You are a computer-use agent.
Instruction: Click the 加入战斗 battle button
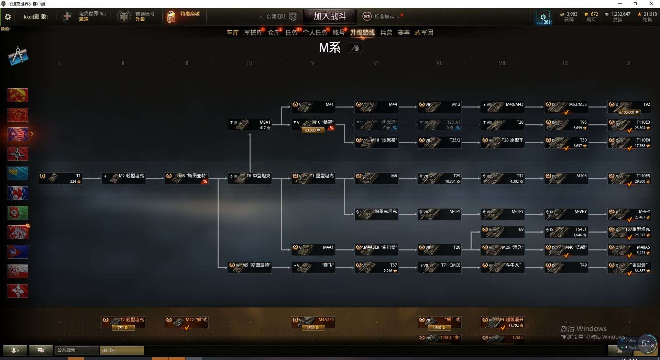click(x=329, y=16)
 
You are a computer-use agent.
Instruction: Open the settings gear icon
click(x=8, y=17)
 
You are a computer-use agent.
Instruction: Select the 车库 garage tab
click(x=233, y=33)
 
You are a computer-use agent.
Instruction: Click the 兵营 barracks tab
click(x=386, y=33)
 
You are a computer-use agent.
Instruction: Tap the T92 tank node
click(x=629, y=107)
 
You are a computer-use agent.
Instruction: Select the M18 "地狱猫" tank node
click(x=376, y=143)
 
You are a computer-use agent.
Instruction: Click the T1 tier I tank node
click(x=60, y=178)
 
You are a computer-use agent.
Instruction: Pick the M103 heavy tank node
click(x=566, y=178)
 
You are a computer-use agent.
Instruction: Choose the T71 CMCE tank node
click(x=439, y=268)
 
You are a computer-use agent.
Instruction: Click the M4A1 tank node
click(x=313, y=250)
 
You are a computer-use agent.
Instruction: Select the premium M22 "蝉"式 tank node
click(x=186, y=322)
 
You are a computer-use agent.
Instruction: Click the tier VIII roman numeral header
click(x=503, y=63)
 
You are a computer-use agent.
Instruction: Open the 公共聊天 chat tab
click(x=76, y=350)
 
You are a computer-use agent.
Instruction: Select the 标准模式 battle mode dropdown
click(x=384, y=16)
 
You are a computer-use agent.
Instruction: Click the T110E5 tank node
click(x=629, y=178)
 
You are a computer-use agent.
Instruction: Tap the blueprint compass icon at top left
click(x=18, y=56)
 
